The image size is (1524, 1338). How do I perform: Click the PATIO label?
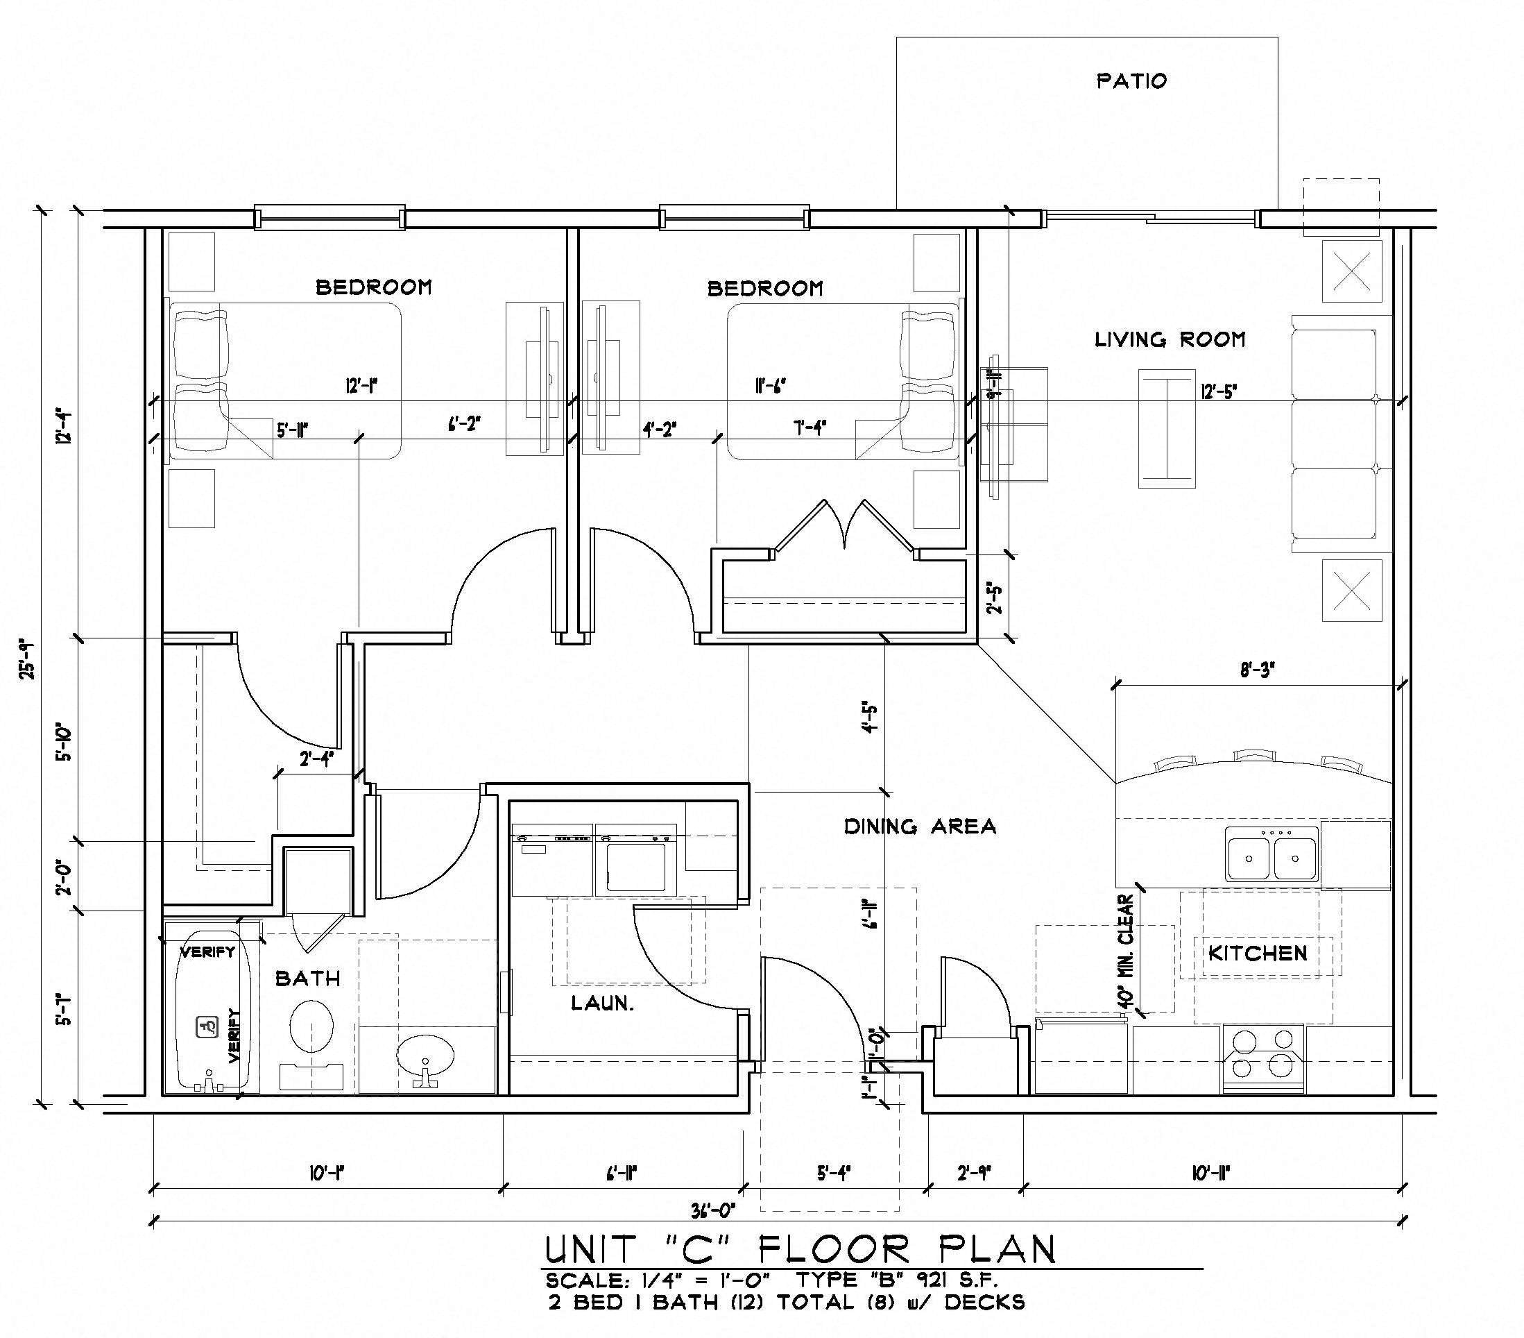coord(1131,81)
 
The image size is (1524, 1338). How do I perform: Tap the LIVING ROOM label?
coord(1170,340)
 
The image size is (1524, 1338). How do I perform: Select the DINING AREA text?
coord(919,827)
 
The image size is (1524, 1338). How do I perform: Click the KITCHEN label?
coord(1257,953)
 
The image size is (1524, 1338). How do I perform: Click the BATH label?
coord(308,979)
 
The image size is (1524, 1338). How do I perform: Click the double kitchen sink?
coord(1272,858)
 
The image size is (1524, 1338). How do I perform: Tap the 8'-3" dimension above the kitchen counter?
coord(1257,670)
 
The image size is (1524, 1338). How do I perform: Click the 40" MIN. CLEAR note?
coord(1127,953)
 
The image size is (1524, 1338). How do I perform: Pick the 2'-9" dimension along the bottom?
coord(974,1173)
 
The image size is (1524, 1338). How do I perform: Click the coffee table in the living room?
coord(1167,429)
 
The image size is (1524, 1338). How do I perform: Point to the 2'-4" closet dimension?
coord(316,759)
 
